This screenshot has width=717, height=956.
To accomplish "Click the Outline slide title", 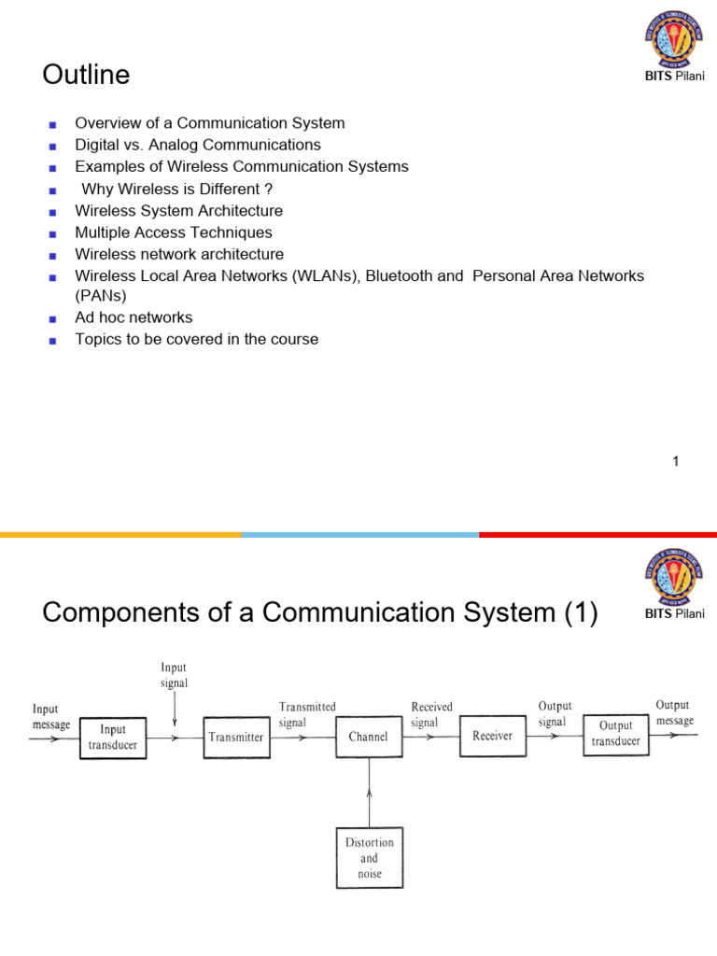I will tap(86, 76).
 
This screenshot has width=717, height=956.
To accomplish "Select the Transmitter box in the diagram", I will tap(236, 737).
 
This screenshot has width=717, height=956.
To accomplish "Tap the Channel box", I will tap(369, 737).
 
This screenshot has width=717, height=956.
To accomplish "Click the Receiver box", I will tap(492, 736).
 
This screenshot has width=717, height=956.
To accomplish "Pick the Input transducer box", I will tap(113, 737).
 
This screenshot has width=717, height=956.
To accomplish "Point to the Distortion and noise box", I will tap(370, 857).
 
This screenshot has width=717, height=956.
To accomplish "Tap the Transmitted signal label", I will tap(307, 714).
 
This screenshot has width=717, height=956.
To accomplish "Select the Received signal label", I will tap(432, 714).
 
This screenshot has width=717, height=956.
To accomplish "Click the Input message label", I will tap(51, 717).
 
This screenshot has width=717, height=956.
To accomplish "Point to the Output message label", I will tap(674, 712).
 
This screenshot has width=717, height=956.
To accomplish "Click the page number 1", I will tap(675, 461).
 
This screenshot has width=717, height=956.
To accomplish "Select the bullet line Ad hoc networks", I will tap(134, 317).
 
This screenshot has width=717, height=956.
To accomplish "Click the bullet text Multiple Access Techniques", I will tap(174, 232).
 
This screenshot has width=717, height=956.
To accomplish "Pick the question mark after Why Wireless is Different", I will tap(268, 190).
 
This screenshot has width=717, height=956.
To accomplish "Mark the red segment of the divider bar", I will tap(597, 534).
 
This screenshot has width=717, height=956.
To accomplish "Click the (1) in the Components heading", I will tap(580, 613).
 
